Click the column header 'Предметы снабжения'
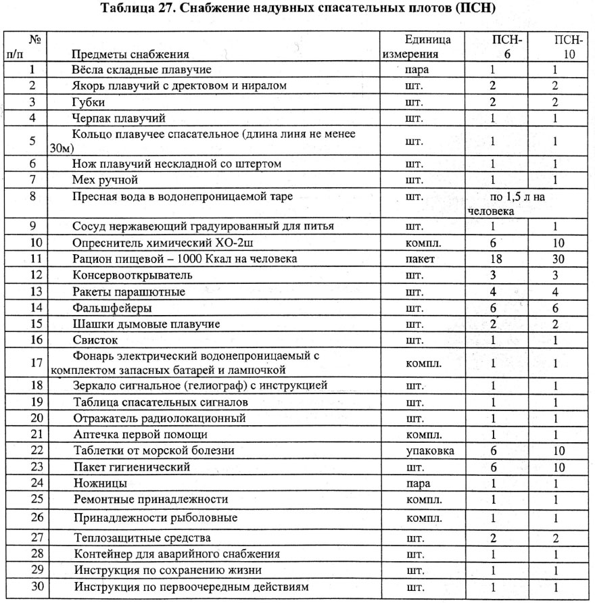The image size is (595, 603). point(130,54)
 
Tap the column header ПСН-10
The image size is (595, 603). point(564,47)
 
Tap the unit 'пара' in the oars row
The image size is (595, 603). point(415,70)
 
